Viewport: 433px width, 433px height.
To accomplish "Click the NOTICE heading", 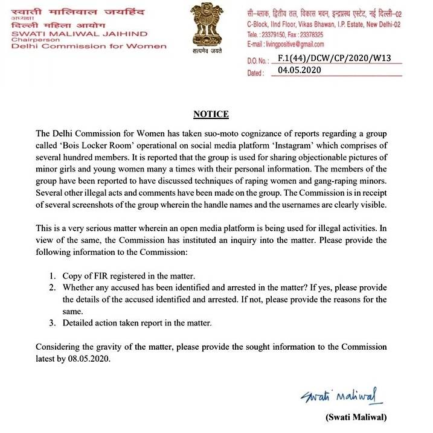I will coord(211,114).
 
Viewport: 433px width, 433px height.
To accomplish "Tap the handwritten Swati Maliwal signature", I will coord(342,396).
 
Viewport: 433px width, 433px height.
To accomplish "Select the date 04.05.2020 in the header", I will coord(300,70).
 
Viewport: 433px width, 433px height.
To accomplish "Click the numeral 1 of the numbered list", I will coord(53,276).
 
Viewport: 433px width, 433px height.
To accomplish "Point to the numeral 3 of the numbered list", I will coord(53,323).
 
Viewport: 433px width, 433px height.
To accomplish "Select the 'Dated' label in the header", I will coord(255,72).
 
